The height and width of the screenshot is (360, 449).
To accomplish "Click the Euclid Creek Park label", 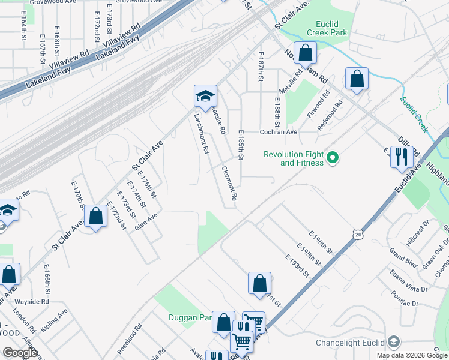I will (327, 27).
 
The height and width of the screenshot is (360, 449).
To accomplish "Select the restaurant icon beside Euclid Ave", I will (400, 157).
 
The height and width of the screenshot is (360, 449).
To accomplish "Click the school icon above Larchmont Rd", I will (205, 96).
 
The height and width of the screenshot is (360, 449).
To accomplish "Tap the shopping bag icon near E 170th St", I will (95, 217).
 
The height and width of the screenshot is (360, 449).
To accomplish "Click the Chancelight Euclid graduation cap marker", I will (394, 342).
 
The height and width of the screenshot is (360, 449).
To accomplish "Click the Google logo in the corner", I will (20, 352).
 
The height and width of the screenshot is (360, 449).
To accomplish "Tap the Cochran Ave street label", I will (279, 132).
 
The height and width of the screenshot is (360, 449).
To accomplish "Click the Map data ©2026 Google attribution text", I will (411, 355).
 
